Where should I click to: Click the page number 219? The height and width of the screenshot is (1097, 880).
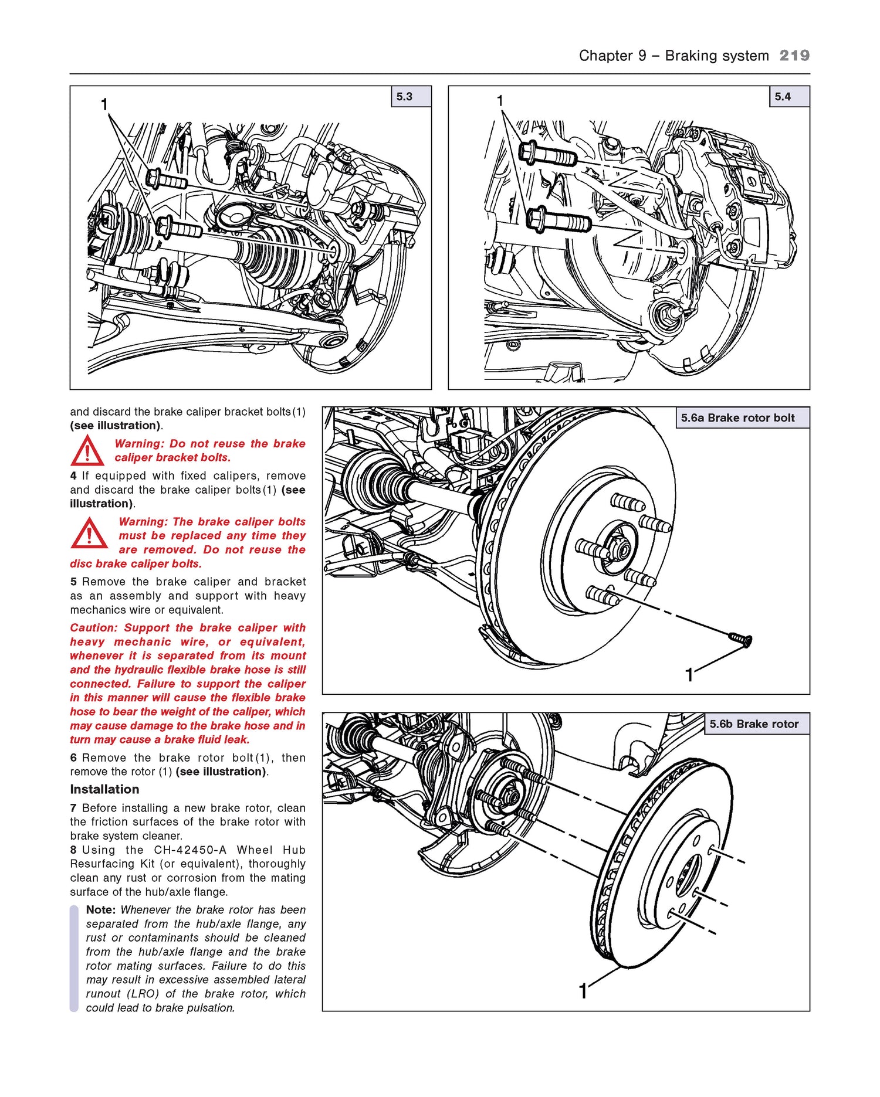pos(794,56)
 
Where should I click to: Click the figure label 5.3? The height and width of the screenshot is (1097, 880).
pos(405,97)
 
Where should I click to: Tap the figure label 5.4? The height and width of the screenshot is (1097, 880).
pos(783,97)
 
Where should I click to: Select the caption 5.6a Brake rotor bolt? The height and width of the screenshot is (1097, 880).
pos(737,418)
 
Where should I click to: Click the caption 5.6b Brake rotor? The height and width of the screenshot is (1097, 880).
pos(754,724)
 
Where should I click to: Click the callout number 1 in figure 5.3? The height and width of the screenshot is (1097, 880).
pos(104,105)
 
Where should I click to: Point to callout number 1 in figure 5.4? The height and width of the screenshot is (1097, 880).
pos(500,101)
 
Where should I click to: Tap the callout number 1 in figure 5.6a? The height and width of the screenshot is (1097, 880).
pos(689,675)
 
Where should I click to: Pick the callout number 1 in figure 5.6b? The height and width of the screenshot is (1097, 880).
pos(583,991)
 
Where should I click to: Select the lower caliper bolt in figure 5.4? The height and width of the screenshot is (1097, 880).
pos(557,220)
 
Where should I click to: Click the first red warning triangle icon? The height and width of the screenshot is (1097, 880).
pos(87,451)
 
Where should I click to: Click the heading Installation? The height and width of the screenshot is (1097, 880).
pos(104,789)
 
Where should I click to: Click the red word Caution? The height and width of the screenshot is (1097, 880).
pos(94,628)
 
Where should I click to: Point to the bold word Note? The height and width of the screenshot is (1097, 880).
pos(101,910)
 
